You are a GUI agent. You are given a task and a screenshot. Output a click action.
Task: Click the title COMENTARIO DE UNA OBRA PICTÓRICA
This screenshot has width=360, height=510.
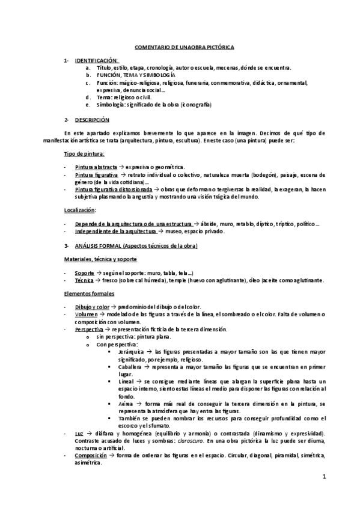180,46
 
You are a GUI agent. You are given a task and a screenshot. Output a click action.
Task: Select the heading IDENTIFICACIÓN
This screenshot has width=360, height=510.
96,61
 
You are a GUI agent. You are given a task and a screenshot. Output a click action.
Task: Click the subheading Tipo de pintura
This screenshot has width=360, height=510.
84,155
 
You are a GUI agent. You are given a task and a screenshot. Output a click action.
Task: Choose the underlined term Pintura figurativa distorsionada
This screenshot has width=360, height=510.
112,189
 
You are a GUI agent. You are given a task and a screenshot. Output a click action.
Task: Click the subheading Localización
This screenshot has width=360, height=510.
80,210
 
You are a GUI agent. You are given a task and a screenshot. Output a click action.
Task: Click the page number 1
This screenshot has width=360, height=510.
323,478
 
